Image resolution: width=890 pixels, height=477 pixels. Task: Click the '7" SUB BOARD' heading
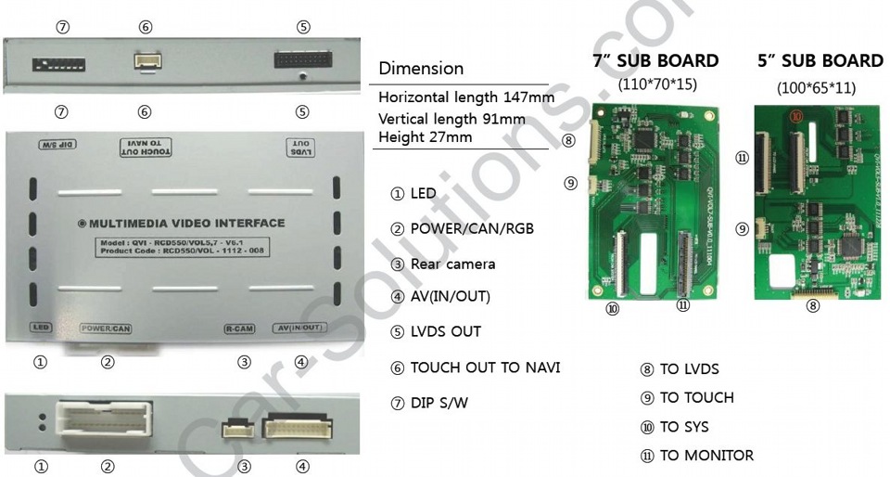pyautogui.click(x=655, y=61)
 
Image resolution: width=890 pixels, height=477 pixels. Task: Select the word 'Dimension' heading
pyautogui.click(x=421, y=69)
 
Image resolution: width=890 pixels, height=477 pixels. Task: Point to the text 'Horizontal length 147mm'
pyautogui.click(x=466, y=97)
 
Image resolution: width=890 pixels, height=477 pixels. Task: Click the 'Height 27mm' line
pyautogui.click(x=425, y=137)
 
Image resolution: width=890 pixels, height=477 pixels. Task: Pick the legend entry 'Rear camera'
pyautogui.click(x=443, y=264)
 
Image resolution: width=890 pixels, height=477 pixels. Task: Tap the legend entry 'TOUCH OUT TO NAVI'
pyautogui.click(x=475, y=367)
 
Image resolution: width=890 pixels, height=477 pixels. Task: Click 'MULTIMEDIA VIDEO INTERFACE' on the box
pyautogui.click(x=182, y=224)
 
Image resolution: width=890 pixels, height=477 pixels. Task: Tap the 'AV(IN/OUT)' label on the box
pyautogui.click(x=300, y=328)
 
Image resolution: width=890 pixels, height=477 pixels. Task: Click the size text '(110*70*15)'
pyautogui.click(x=657, y=84)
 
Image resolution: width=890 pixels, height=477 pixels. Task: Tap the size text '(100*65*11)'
pyautogui.click(x=816, y=88)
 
